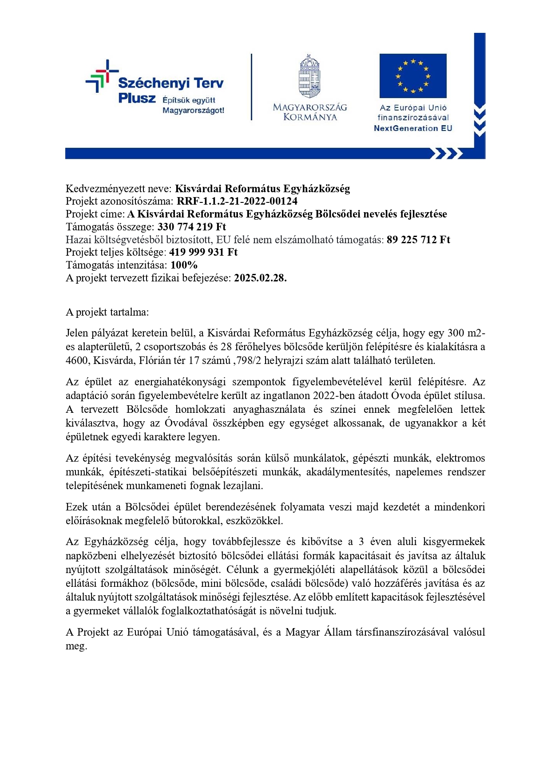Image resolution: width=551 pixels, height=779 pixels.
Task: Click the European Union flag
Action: [412, 76]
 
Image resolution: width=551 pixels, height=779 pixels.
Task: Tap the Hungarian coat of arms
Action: [309, 76]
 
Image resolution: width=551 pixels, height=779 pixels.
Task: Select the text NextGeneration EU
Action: [413, 128]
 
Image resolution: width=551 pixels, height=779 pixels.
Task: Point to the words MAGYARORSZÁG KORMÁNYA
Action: [310, 112]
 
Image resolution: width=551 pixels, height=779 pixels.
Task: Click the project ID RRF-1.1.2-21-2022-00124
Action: [237, 201]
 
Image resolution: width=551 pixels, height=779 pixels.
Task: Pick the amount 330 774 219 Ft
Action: [192, 227]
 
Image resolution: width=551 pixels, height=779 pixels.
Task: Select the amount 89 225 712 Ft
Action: [418, 240]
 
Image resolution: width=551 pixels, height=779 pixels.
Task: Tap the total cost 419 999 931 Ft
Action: [203, 252]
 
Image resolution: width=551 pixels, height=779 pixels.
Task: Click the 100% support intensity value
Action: [184, 265]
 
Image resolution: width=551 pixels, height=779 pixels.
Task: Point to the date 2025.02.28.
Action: [260, 278]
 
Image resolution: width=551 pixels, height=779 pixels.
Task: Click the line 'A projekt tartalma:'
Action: [107, 312]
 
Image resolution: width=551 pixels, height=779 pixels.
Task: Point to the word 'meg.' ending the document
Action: [76, 646]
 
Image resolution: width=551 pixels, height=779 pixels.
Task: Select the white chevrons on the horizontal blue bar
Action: [446, 154]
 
